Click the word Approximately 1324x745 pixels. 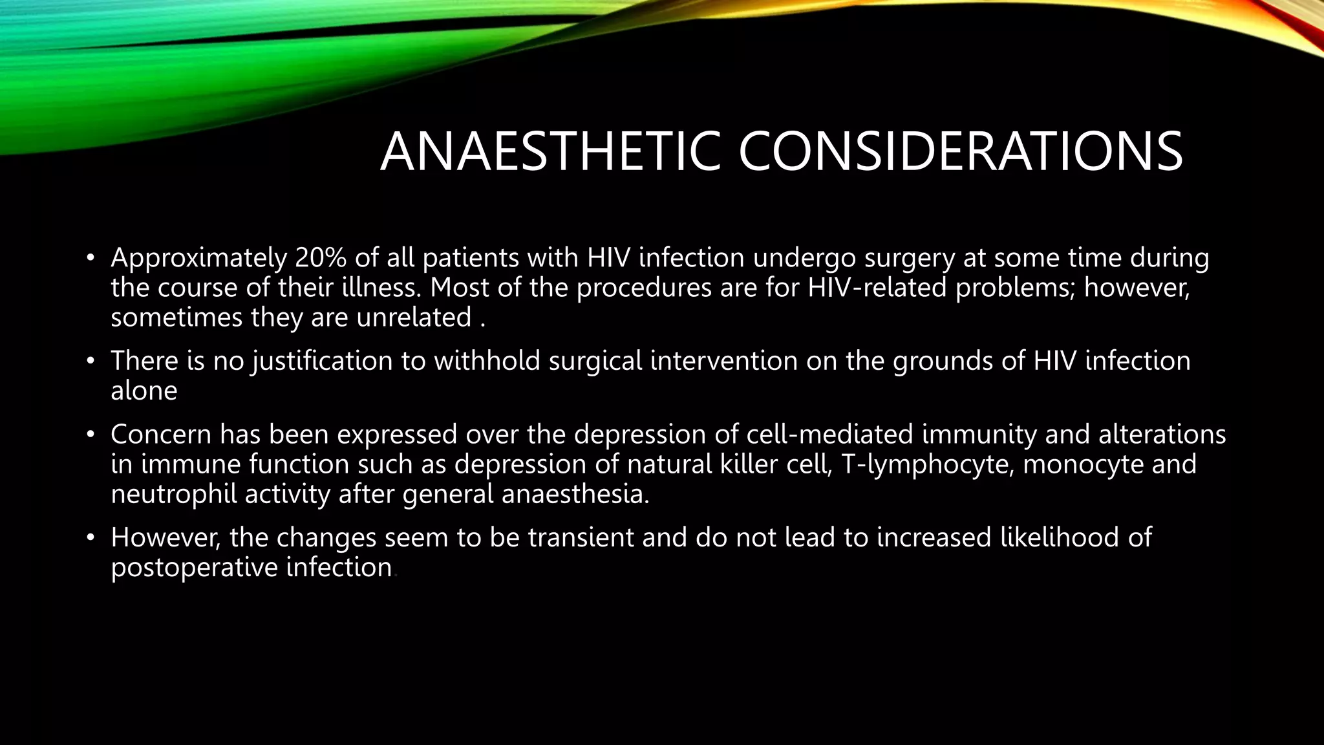pos(198,258)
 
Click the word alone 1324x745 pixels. pos(144,391)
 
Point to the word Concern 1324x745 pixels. pos(161,434)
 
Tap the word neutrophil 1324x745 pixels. pos(173,494)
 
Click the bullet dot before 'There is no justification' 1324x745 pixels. pos(91,361)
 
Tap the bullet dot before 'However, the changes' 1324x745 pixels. pos(91,537)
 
